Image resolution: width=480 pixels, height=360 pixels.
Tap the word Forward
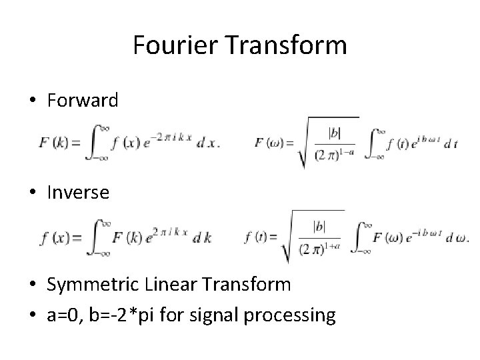pyautogui.click(x=83, y=101)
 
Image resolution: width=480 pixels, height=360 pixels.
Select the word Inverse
pyautogui.click(x=78, y=193)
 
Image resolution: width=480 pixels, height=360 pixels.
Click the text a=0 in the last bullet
pyautogui.click(x=65, y=314)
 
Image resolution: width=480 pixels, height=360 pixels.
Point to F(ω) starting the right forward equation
pyautogui.click(x=269, y=143)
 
